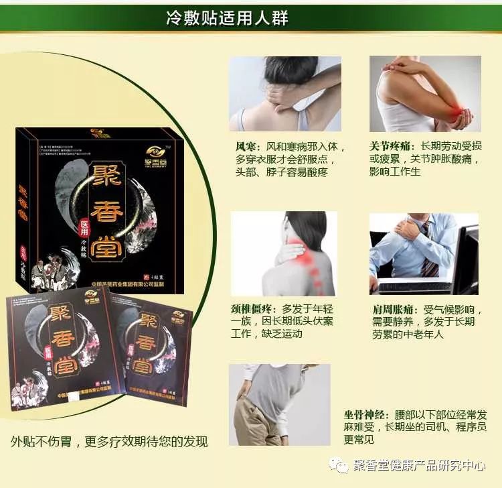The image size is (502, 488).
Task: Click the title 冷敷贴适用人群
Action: tap(227, 17)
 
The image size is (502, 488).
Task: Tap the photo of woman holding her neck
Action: tap(285, 94)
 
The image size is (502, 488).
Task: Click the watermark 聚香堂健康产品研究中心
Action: tap(419, 466)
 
